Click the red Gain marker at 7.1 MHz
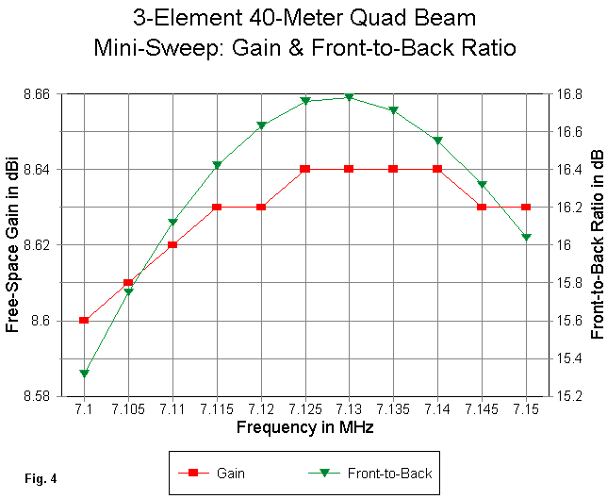[84, 320]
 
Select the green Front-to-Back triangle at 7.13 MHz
[349, 97]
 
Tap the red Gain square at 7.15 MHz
[526, 207]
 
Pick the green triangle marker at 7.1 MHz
[84, 374]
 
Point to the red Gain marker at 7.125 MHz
[305, 169]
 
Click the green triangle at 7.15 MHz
[526, 237]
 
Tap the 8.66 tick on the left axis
[37, 94]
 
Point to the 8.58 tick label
[37, 396]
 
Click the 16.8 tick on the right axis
[565, 94]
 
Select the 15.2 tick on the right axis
[565, 396]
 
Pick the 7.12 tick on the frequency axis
[261, 410]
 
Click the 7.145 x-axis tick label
[482, 410]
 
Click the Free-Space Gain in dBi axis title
[13, 245]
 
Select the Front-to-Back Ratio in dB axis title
[596, 245]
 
